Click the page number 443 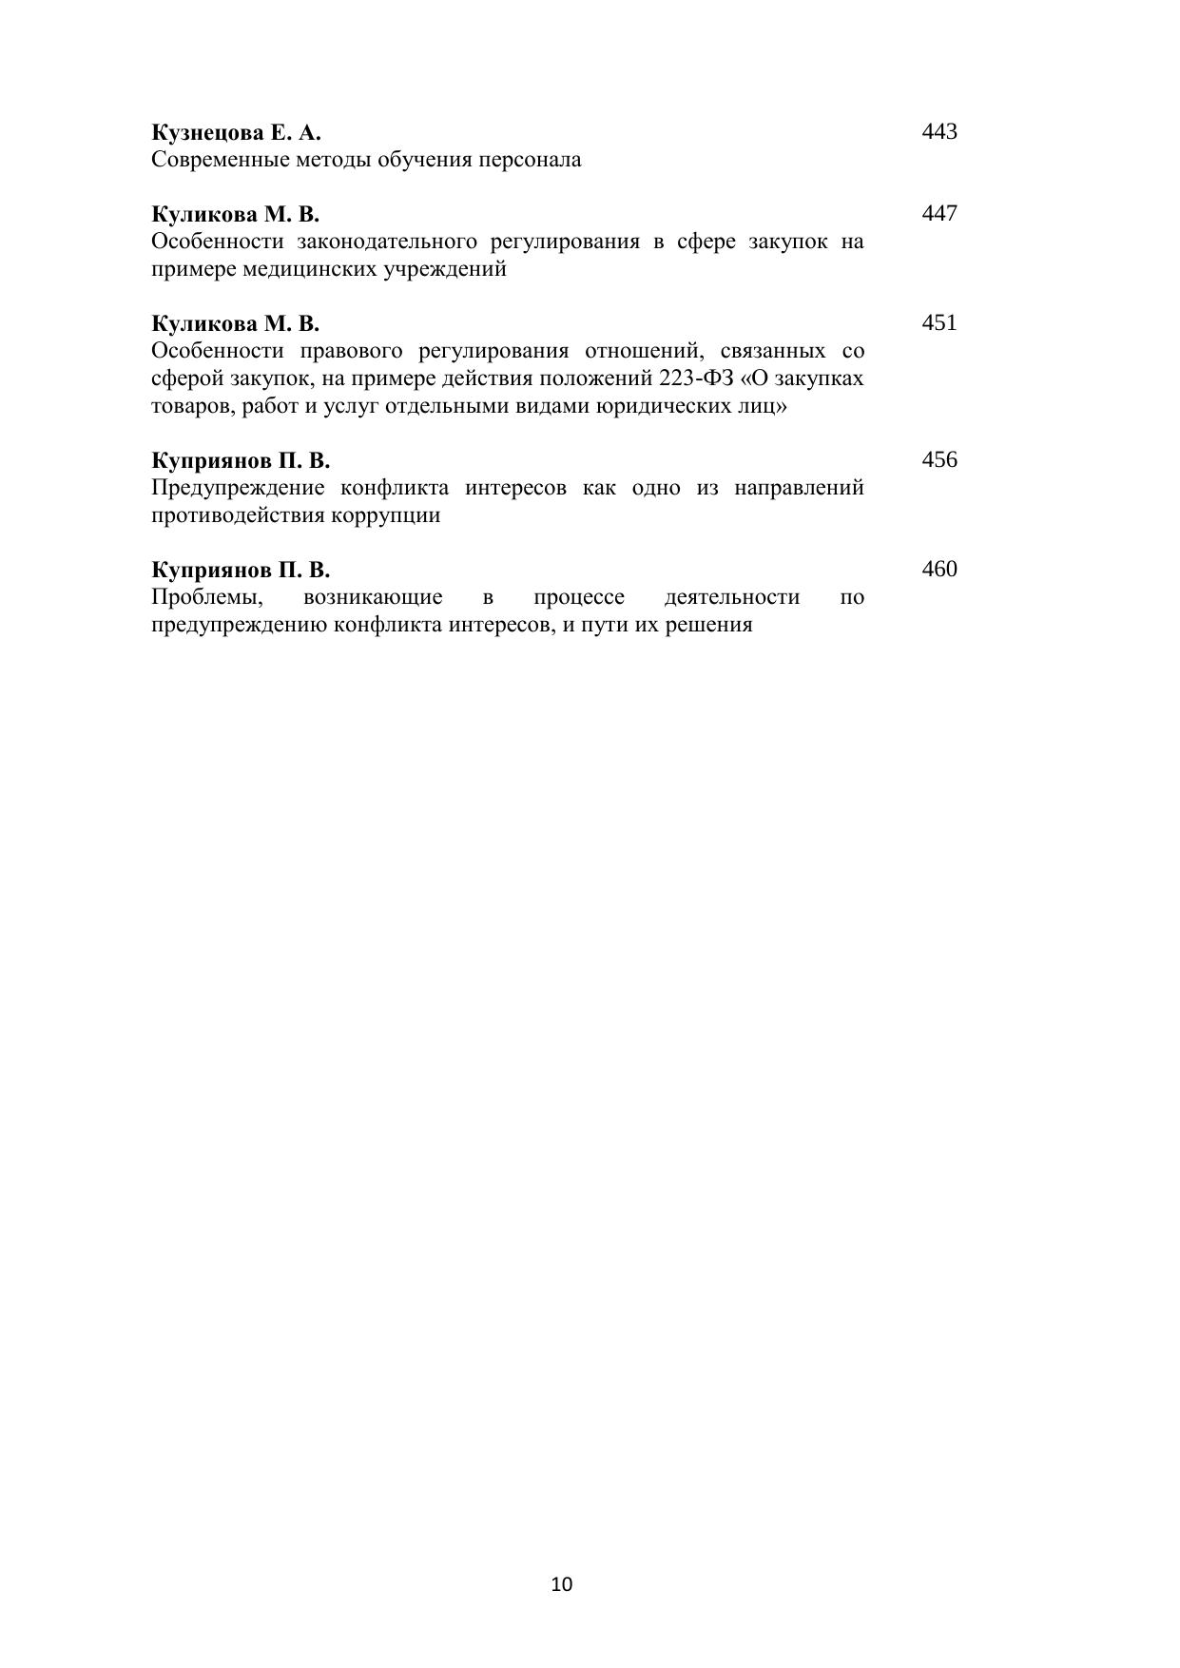pyautogui.click(x=938, y=131)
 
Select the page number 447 pyautogui.click(x=938, y=213)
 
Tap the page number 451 pyautogui.click(x=938, y=322)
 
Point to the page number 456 pyautogui.click(x=938, y=460)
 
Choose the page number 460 pyautogui.click(x=938, y=570)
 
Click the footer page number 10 pyautogui.click(x=561, y=1584)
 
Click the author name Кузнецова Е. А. pyautogui.click(x=236, y=132)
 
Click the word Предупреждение pyautogui.click(x=237, y=488)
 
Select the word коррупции pyautogui.click(x=385, y=515)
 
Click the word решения pyautogui.click(x=711, y=625)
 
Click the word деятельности pyautogui.click(x=731, y=597)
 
